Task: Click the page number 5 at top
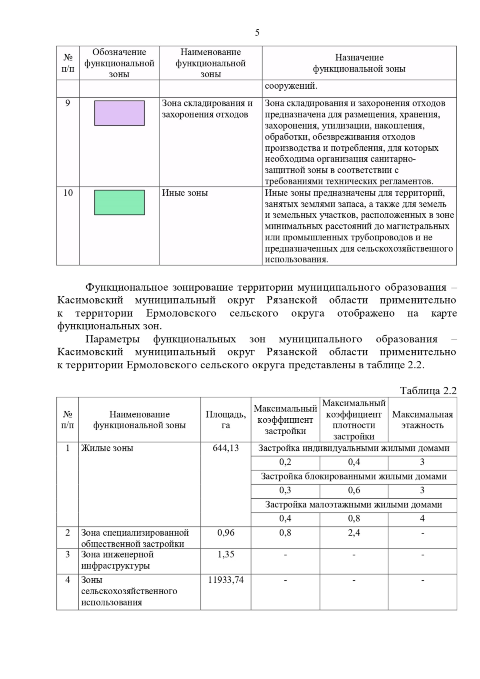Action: coord(257,33)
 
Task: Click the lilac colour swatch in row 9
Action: coord(119,113)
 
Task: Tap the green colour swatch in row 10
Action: coord(119,202)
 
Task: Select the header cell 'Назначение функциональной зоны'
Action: coord(359,63)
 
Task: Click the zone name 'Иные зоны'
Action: coord(185,193)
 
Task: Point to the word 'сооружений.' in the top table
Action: coord(291,86)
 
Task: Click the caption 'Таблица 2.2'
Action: coord(428,391)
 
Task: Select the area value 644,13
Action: coord(226,448)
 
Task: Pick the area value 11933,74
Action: coord(226,580)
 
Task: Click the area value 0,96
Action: coord(226,533)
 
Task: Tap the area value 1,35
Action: coord(226,554)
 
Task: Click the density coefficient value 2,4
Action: coord(354,533)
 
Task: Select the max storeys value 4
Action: coord(422,519)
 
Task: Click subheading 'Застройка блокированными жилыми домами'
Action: coord(354,476)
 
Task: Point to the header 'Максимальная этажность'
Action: coord(422,419)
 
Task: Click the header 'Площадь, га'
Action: coord(226,419)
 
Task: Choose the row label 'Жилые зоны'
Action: coord(107,448)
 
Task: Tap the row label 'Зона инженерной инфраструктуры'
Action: coord(117,560)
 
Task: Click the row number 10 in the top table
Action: coord(68,193)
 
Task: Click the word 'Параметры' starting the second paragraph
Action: coord(112,339)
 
